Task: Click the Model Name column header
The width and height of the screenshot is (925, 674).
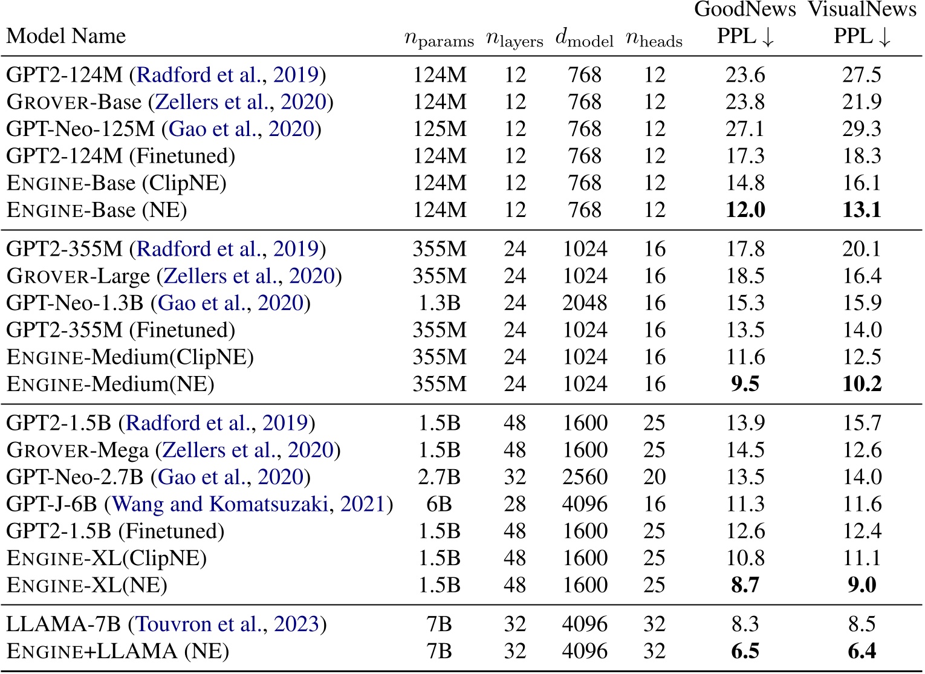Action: [x=66, y=36]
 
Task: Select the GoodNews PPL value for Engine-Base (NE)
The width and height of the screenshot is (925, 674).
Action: [x=745, y=210]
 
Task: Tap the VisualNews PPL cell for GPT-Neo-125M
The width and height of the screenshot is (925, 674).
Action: [x=862, y=129]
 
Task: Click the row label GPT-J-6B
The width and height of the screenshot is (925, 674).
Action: [x=53, y=504]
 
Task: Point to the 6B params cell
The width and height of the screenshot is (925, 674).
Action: [x=439, y=504]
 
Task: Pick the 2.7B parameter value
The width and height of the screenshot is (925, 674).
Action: [x=439, y=477]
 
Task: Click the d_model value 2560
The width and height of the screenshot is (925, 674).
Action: [x=584, y=477]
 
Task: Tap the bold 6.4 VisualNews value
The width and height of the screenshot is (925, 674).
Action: [x=862, y=651]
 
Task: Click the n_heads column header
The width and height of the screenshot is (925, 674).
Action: [x=654, y=39]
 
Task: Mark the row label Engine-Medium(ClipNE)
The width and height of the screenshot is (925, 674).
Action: [x=130, y=357]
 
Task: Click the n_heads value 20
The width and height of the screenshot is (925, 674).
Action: [x=654, y=477]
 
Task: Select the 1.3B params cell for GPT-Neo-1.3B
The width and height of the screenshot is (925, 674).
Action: [x=439, y=303]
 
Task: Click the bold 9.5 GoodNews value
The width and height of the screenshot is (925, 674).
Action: [x=745, y=384]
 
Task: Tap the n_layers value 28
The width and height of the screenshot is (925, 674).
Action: [x=514, y=504]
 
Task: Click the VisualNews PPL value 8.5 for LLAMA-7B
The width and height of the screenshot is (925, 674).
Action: [x=862, y=624]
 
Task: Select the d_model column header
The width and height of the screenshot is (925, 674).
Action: [x=584, y=39]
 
